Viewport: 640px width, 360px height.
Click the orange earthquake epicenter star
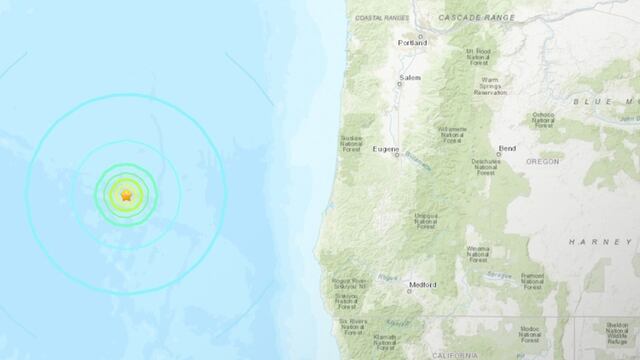pos(126,195)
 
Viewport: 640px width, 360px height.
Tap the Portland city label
pos(411,43)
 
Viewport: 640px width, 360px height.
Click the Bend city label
pos(508,148)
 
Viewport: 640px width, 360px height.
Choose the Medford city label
pos(423,285)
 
